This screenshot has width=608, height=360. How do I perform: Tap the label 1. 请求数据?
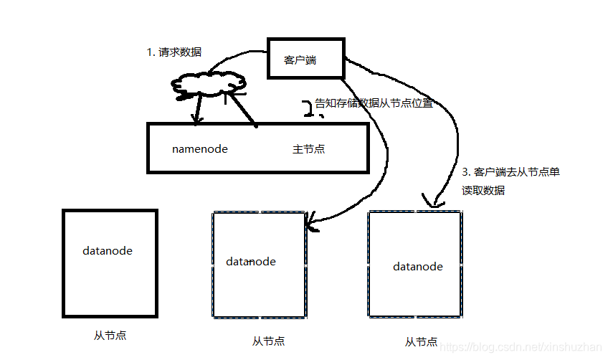pyautogui.click(x=174, y=52)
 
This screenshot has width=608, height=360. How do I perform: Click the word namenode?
pyautogui.click(x=200, y=149)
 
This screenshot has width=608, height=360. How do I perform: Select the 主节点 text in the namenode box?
pyautogui.click(x=308, y=149)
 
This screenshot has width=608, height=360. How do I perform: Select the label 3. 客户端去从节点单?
pyautogui.click(x=510, y=173)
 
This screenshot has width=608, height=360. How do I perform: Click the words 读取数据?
pyautogui.click(x=483, y=190)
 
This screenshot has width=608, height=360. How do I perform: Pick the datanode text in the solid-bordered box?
pyautogui.click(x=108, y=251)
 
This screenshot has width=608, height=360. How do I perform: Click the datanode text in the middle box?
pyautogui.click(x=251, y=262)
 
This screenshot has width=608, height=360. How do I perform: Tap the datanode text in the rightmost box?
pyautogui.click(x=418, y=267)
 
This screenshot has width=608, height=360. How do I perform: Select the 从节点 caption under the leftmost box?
pyautogui.click(x=110, y=335)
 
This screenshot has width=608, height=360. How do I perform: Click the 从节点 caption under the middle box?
pyautogui.click(x=269, y=341)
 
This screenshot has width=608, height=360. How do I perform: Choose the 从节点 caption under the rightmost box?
pyautogui.click(x=422, y=342)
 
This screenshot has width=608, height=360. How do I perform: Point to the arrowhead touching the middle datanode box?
pyautogui.click(x=310, y=225)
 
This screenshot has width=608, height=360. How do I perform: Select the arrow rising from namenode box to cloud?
pyautogui.click(x=244, y=108)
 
